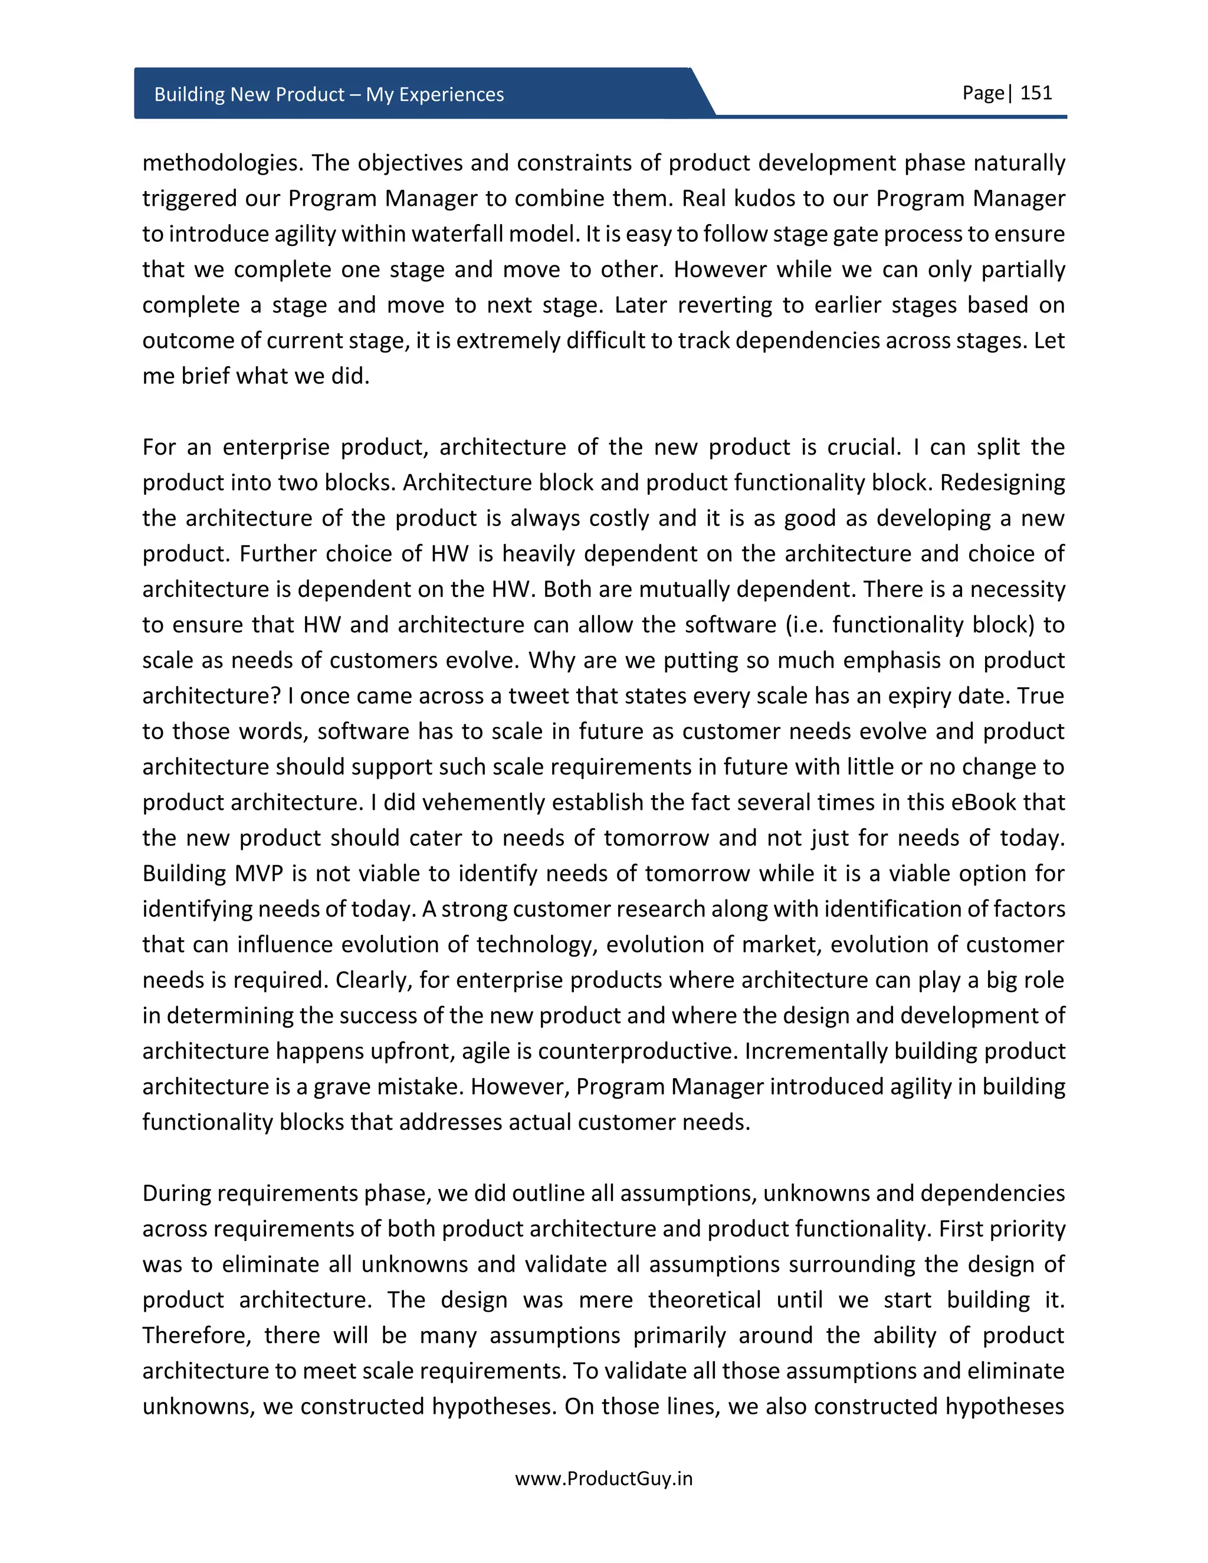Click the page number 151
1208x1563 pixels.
1036,93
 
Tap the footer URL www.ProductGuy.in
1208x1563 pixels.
603,1479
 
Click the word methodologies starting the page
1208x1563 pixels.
222,163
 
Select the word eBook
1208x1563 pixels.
983,802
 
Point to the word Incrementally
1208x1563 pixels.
815,1051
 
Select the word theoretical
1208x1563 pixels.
704,1299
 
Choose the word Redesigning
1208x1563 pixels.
1002,483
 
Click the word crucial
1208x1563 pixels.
863,447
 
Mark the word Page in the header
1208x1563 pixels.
983,93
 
